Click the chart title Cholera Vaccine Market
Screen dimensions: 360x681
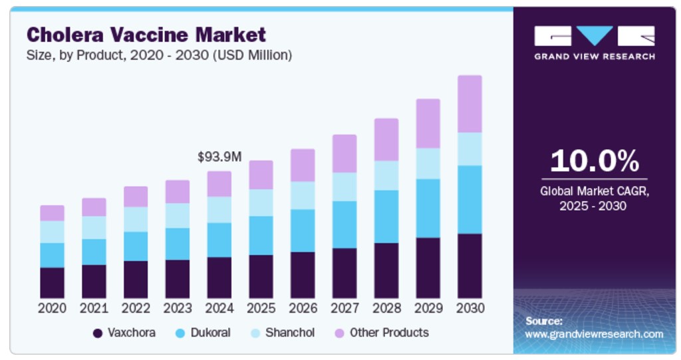[146, 34]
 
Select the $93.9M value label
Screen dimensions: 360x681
[219, 156]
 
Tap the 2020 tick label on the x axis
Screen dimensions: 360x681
[52, 308]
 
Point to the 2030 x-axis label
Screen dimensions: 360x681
[470, 308]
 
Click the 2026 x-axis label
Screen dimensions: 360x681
[303, 308]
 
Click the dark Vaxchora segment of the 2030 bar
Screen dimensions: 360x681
[470, 266]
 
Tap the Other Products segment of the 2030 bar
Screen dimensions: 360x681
[470, 104]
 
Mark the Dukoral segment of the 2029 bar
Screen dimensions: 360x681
[428, 208]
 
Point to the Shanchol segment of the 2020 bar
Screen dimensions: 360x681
[52, 232]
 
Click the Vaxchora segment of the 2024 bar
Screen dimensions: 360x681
[219, 277]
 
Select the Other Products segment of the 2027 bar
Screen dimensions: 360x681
[344, 153]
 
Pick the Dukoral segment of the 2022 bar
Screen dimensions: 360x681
[136, 246]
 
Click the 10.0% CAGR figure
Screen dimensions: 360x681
[594, 162]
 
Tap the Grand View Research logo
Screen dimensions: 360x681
[594, 42]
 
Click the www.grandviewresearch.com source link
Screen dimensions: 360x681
[594, 333]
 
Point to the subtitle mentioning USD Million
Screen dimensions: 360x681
[159, 55]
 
